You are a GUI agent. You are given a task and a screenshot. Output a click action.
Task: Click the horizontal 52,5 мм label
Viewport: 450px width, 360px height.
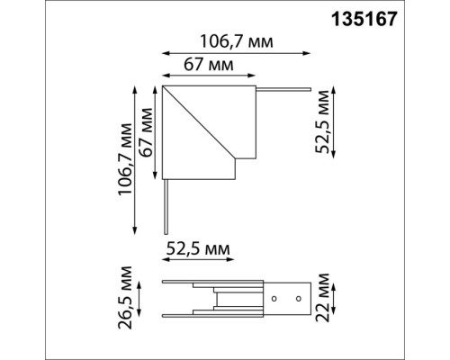(x=197, y=247)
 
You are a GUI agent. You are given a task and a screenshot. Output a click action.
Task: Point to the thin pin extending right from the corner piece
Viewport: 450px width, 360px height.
(x=283, y=89)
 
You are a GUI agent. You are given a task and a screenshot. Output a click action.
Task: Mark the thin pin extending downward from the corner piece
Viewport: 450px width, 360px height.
(x=165, y=203)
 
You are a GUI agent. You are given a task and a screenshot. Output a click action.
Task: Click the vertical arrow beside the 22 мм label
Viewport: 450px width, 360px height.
(x=335, y=299)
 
